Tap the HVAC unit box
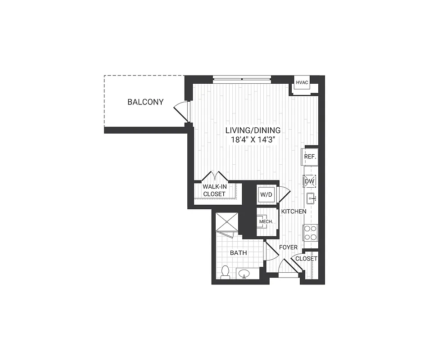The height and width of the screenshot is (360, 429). point(301,83)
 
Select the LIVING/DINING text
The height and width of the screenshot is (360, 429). point(253,130)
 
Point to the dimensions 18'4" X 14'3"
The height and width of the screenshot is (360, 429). point(253,139)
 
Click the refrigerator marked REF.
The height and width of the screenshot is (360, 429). point(310,157)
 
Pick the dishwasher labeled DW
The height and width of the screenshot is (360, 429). point(310,181)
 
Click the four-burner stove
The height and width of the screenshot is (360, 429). point(310,233)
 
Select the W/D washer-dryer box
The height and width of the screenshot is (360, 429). point(265,195)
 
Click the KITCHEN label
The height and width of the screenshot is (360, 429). point(294,211)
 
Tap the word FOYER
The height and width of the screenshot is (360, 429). point(288,247)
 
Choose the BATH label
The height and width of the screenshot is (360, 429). point(239,253)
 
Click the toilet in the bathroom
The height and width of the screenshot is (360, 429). point(225,272)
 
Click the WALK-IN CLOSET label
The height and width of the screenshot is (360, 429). point(214,190)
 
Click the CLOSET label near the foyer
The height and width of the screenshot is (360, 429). point(307,259)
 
